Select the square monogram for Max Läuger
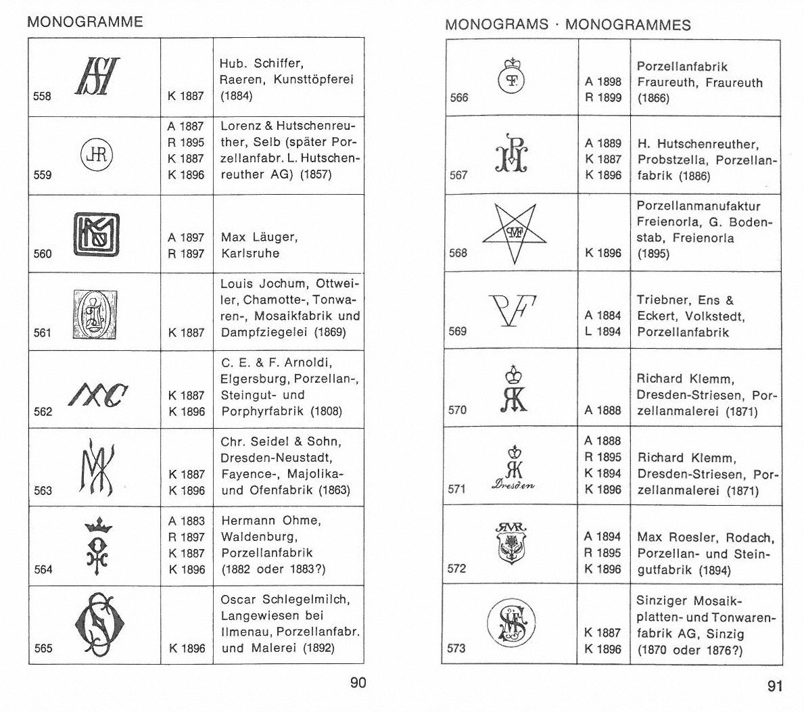(x=95, y=233)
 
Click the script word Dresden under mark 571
(x=513, y=484)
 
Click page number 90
(x=358, y=682)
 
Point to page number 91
(x=775, y=686)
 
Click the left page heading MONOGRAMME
(x=85, y=22)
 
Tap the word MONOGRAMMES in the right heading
(x=628, y=25)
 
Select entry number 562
(x=43, y=411)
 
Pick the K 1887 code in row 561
(x=186, y=332)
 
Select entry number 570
(x=458, y=410)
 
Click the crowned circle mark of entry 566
(x=513, y=74)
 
